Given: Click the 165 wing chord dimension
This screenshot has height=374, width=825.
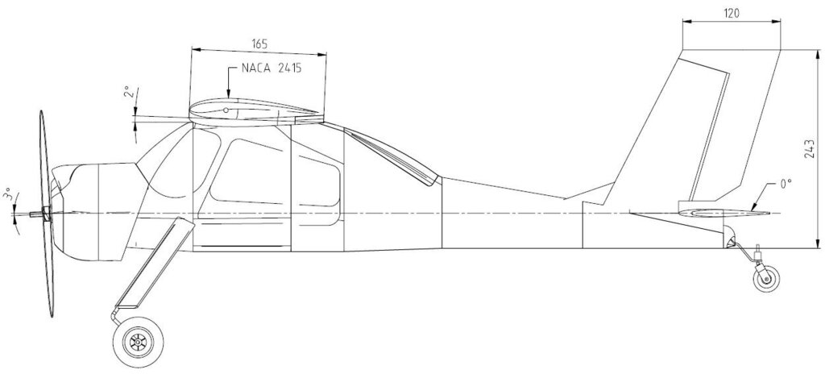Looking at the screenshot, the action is tap(259, 44).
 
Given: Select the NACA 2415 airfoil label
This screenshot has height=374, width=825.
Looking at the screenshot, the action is tap(272, 68).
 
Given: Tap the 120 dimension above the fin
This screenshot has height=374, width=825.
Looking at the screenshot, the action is tap(732, 14).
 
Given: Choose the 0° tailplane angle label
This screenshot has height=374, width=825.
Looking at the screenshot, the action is tap(786, 184).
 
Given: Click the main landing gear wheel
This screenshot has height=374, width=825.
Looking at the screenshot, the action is tap(138, 343).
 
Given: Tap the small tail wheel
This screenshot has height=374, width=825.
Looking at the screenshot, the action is tap(767, 278).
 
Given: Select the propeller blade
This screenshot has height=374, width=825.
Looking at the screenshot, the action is tap(46, 214).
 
